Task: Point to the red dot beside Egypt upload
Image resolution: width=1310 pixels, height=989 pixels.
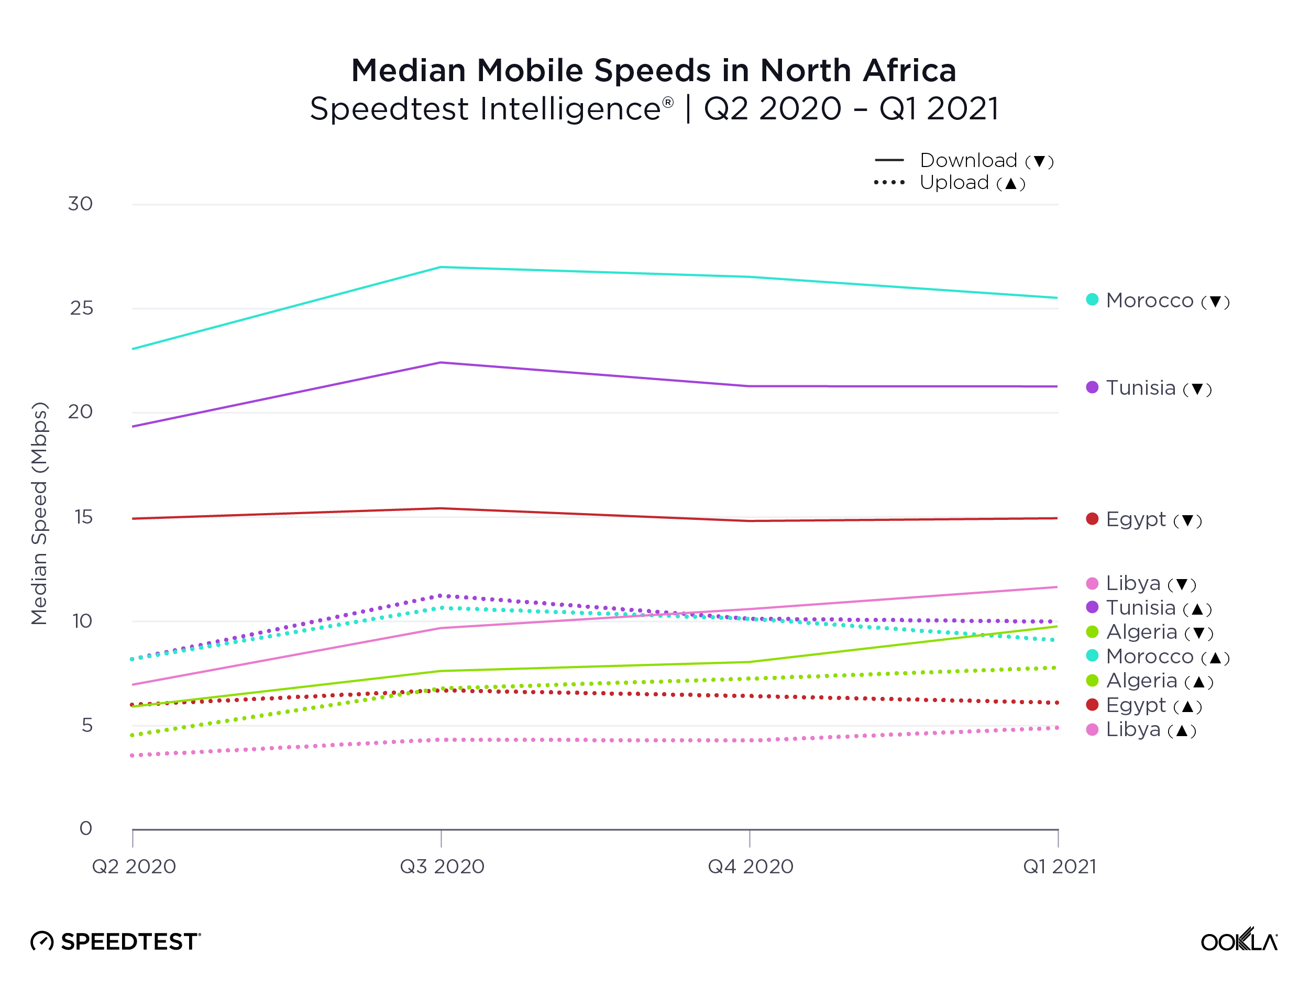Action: (1092, 705)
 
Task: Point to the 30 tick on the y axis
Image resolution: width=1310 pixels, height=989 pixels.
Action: (80, 204)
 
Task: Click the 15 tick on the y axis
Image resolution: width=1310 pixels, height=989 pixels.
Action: (83, 517)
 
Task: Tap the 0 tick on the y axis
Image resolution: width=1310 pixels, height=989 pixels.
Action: (86, 829)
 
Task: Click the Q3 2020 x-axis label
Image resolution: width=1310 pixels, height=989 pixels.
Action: (442, 867)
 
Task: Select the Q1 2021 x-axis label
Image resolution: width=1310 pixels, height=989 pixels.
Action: (1060, 867)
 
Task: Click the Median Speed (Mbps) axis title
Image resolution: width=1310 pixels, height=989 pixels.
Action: (39, 513)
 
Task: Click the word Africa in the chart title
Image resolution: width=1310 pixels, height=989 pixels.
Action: (909, 71)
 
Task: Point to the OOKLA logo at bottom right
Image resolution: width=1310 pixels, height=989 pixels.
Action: (1238, 940)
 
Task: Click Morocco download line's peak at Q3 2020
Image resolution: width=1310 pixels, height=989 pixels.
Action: (441, 268)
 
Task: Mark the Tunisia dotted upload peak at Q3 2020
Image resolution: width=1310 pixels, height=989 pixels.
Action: (441, 595)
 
